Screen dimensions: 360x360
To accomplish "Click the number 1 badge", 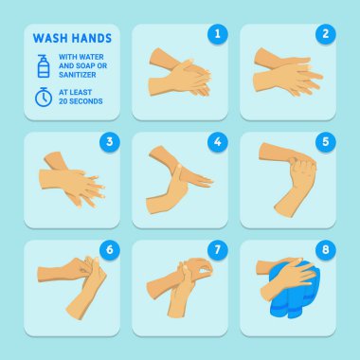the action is [x=217, y=34].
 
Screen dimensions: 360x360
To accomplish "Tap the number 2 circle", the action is [x=325, y=34].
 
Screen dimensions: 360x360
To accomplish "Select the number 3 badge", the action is [x=109, y=142].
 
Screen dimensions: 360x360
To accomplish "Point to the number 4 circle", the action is [x=217, y=142].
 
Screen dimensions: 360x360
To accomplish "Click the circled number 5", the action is [x=325, y=142].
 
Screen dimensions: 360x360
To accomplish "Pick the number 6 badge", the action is [x=109, y=250].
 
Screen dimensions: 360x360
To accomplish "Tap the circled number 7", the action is [x=217, y=250].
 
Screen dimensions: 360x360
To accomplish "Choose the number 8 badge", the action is [x=325, y=250].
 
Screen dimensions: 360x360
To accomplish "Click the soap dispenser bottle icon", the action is [x=44, y=66].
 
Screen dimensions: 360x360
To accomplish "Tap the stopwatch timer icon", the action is [x=44, y=98].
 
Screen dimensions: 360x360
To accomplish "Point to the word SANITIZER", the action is [x=78, y=75].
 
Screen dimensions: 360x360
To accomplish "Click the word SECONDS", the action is [x=86, y=101].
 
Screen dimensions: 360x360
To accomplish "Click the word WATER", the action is [x=93, y=57].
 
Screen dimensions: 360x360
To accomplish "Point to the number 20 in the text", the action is [x=63, y=101].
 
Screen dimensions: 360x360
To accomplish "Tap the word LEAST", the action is [x=81, y=93].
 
